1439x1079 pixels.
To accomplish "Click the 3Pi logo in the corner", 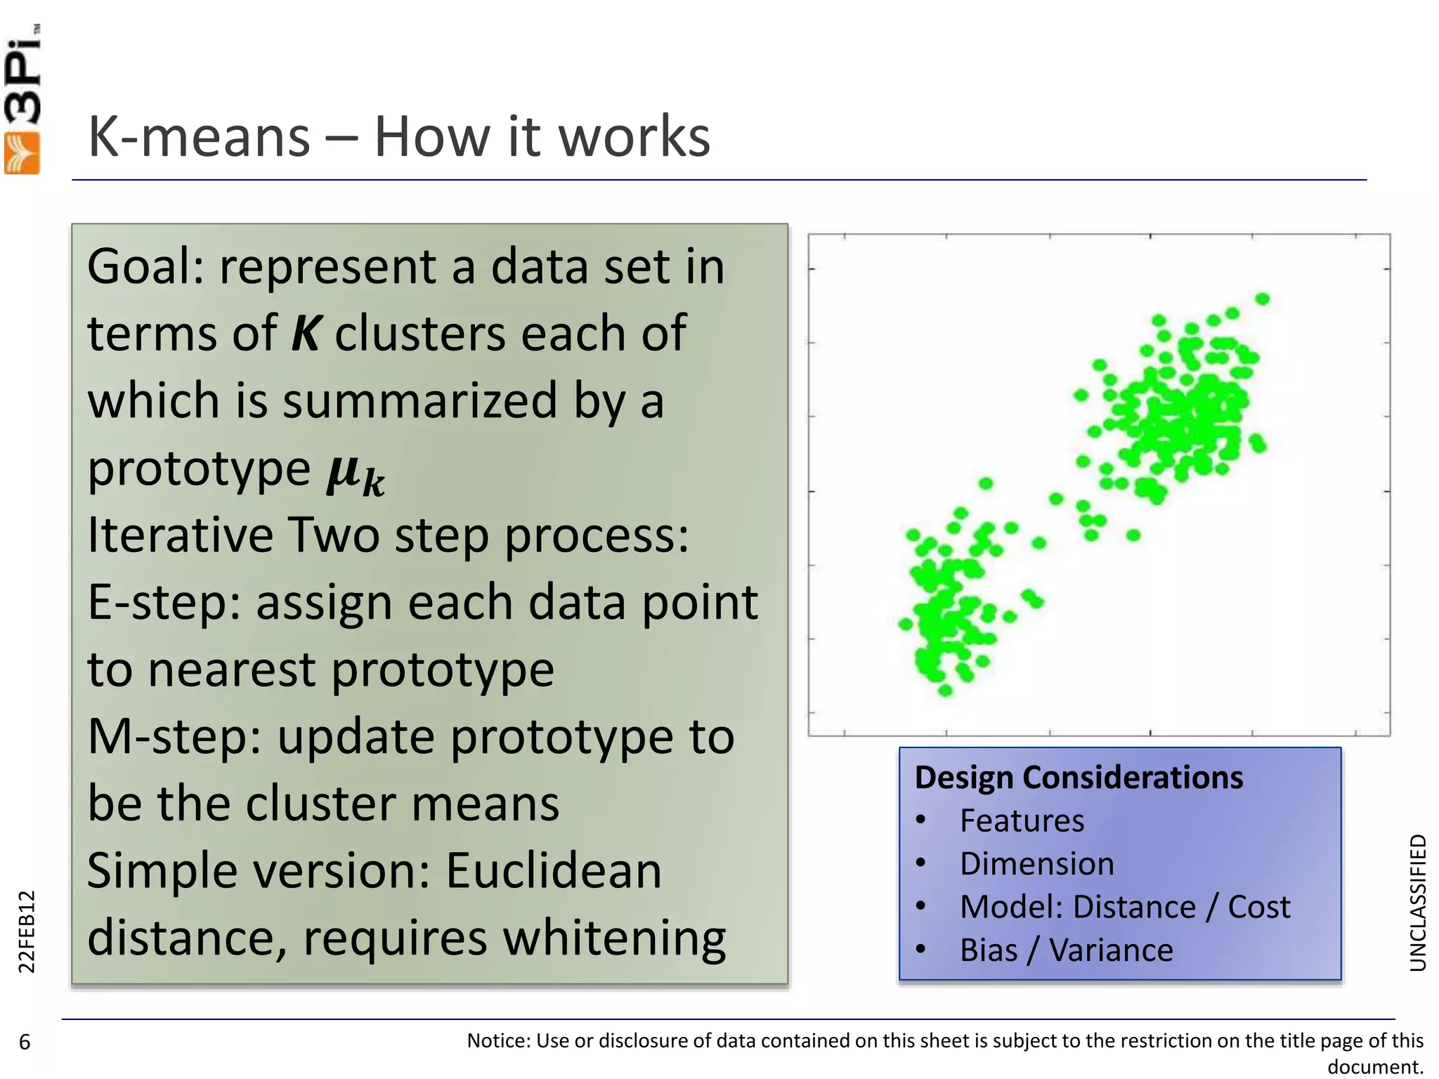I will click(22, 98).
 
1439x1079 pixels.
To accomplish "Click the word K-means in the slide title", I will click(199, 136).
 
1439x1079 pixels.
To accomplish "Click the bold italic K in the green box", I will click(306, 334).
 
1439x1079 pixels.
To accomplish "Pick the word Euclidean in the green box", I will click(554, 871).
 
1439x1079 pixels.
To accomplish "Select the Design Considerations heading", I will click(1079, 778).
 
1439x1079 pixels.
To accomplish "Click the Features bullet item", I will click(1022, 820).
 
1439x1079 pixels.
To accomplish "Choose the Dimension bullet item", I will click(1036, 863).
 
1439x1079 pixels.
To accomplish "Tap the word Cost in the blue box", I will click(1258, 907).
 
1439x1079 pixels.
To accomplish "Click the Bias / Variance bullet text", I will click(1066, 950).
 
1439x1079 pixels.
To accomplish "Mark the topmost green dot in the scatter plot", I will click(1263, 299).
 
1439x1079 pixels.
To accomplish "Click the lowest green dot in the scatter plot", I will click(945, 691).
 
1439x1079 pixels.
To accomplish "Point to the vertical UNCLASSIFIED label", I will click(1418, 903).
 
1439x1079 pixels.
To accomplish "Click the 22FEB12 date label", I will click(26, 931).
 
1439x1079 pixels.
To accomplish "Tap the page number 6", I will click(25, 1042).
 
